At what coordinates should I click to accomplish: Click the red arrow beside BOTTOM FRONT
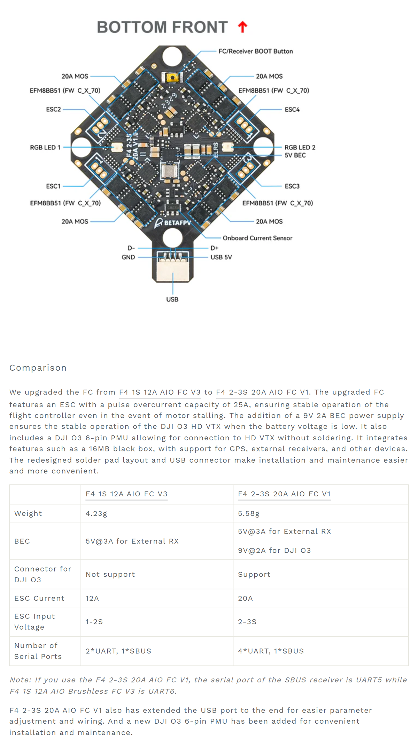[x=242, y=27]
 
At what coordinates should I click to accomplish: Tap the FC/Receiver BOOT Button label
[x=256, y=51]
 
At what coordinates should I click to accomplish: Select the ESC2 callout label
[x=53, y=109]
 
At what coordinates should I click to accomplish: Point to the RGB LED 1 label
[x=45, y=147]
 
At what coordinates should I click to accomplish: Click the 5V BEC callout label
[x=295, y=155]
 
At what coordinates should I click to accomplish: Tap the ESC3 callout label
[x=292, y=186]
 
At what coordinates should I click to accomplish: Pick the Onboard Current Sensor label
[x=257, y=238]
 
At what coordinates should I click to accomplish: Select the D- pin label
[x=131, y=248]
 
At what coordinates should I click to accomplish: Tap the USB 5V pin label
[x=221, y=257]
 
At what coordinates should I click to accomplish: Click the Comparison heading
[x=38, y=368]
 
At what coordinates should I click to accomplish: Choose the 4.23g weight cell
[x=96, y=513]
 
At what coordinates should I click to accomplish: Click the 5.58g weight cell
[x=249, y=513]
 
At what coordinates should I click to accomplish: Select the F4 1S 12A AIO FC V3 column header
[x=126, y=494]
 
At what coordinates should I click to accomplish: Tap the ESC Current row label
[x=39, y=598]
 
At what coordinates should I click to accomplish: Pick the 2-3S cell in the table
[x=247, y=622]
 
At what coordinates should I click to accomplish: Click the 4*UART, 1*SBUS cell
[x=271, y=651]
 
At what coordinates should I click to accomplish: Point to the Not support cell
[x=110, y=574]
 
